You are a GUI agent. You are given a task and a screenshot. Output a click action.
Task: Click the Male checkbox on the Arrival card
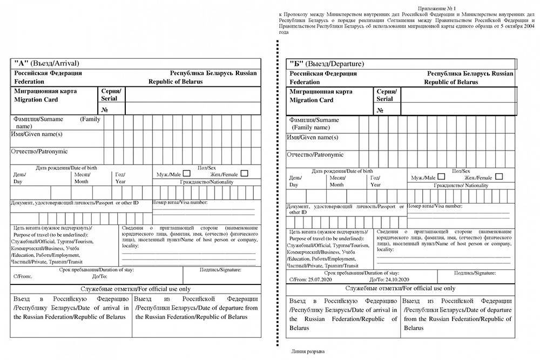pyautogui.click(x=187, y=174)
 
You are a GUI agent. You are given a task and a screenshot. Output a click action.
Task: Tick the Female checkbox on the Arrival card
pyautogui.click(x=244, y=174)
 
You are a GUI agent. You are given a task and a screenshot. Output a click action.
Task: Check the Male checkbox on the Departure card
pyautogui.click(x=441, y=176)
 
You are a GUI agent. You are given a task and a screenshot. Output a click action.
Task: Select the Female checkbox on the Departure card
pyautogui.click(x=498, y=176)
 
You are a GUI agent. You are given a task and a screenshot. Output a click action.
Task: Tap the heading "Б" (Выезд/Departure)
pyautogui.click(x=327, y=64)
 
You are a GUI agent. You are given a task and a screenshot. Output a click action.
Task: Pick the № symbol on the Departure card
pyautogui.click(x=380, y=110)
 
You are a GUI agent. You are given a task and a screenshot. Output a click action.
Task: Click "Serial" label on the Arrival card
pyautogui.click(x=110, y=99)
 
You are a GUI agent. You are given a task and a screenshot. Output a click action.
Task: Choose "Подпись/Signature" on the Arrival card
pyautogui.click(x=220, y=269)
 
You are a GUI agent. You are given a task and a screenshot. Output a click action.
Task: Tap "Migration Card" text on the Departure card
pyautogui.click(x=312, y=100)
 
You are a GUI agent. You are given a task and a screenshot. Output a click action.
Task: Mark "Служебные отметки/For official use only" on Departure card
pyautogui.click(x=400, y=289)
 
